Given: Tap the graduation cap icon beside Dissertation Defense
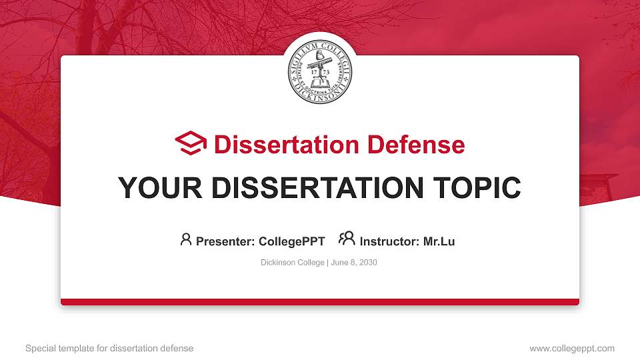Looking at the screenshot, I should pos(191,144).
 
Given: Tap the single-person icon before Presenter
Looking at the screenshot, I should pos(186,239).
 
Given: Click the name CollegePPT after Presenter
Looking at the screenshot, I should pos(291,241).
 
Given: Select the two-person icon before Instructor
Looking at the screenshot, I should pos(347,239).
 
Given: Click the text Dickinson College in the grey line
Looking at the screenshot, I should pos(292,263).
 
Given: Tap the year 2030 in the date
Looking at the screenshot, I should pos(367,263).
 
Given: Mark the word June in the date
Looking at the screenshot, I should pos(339,263).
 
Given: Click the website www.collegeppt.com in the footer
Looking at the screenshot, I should pos(572,348).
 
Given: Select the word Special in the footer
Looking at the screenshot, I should pos(39,348).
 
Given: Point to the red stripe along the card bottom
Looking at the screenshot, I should pos(320,302).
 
